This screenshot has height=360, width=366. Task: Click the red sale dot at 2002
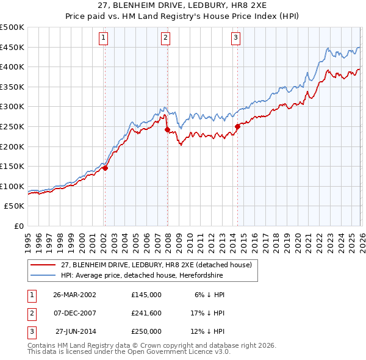(x=105, y=168)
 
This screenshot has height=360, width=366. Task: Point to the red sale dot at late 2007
(x=167, y=129)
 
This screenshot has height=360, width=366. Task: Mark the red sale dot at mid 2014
(x=237, y=126)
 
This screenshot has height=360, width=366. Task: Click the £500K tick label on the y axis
(x=12, y=27)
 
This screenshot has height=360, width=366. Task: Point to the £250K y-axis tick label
(x=12, y=126)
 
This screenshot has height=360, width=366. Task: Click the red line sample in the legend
(x=43, y=264)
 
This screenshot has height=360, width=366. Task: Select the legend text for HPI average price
(x=142, y=276)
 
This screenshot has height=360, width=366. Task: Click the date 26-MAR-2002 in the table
(x=74, y=294)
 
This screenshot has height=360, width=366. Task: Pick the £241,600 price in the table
(x=146, y=313)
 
